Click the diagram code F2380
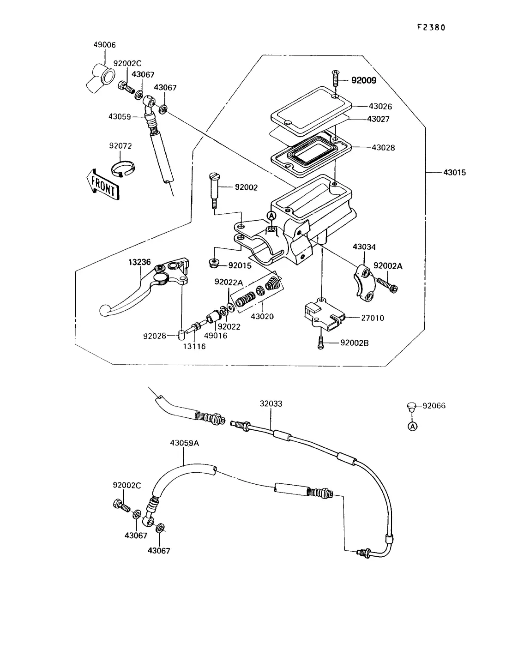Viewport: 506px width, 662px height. tap(431, 27)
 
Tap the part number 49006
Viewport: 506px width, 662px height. tap(104, 45)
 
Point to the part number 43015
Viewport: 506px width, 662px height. tap(454, 173)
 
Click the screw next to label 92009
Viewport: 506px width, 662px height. tap(336, 79)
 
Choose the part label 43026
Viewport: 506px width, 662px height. tap(380, 107)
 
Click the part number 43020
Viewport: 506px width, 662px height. tap(262, 317)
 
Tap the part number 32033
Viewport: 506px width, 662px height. tap(271, 403)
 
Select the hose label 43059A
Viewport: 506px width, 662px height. tap(184, 443)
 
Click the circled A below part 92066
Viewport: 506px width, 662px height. tap(412, 427)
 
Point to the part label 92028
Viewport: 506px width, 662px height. tap(154, 336)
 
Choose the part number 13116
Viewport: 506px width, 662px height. tap(194, 346)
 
